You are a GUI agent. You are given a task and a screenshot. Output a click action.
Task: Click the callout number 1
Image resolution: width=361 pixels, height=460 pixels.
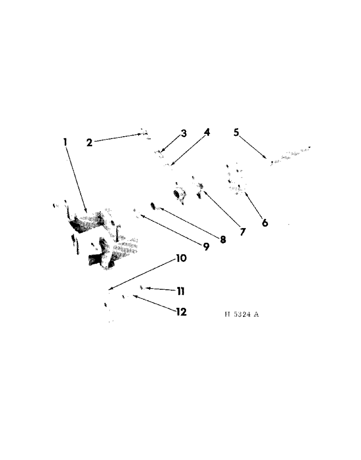click(x=65, y=143)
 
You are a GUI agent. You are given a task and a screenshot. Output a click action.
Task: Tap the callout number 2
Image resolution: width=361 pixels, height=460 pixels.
click(x=89, y=142)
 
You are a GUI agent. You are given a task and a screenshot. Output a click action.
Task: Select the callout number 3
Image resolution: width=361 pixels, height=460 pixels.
click(x=184, y=134)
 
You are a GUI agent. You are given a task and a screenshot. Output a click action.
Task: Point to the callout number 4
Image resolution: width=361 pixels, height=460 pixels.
click(x=207, y=132)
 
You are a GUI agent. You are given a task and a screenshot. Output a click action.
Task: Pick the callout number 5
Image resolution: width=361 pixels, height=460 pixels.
click(x=236, y=133)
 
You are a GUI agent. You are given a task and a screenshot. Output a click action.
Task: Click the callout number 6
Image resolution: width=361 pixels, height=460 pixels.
click(x=265, y=223)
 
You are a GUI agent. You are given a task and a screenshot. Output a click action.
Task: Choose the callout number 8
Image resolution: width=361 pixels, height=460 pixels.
click(x=223, y=239)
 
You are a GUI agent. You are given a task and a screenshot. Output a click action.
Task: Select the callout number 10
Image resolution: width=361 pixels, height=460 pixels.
click(x=181, y=259)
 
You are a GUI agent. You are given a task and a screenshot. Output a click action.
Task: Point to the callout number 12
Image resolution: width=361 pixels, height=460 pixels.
click(x=181, y=312)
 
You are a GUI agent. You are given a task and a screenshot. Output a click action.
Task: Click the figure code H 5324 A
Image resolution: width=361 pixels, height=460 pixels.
click(x=242, y=315)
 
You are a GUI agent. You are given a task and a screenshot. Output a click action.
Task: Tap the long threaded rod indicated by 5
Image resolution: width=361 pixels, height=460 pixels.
click(x=290, y=155)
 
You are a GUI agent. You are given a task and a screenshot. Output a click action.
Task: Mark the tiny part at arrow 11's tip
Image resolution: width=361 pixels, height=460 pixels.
click(x=142, y=287)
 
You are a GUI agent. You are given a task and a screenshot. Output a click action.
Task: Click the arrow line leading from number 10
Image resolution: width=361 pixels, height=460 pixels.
click(x=143, y=275)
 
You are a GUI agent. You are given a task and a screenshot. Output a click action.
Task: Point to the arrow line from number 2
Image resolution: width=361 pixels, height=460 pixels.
click(x=117, y=138)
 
